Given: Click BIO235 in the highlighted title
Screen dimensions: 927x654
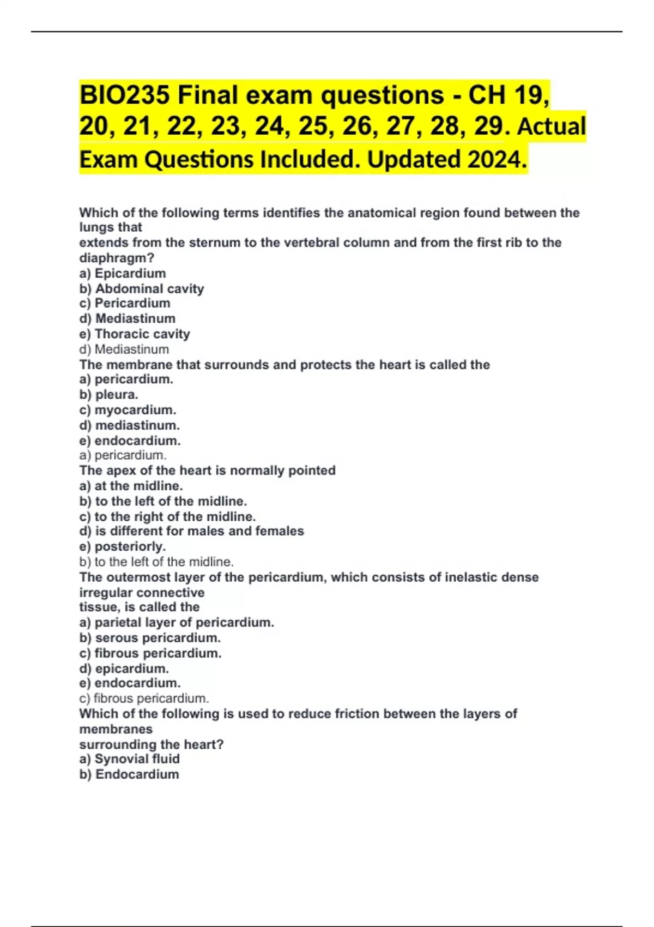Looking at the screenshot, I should tap(125, 95).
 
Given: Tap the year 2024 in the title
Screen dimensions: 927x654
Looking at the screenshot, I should tap(496, 160).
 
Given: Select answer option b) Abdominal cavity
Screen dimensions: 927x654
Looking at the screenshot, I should tap(142, 288).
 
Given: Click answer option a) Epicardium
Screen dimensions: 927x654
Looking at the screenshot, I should tap(123, 273).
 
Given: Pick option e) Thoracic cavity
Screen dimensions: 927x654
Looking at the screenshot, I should tap(135, 334).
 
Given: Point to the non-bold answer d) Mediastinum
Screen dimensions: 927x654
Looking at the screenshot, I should tap(124, 349).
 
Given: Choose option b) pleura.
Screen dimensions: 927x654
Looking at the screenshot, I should tap(108, 394).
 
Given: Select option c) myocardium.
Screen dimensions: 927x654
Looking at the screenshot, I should tap(128, 410).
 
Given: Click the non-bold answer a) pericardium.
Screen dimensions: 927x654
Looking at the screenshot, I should tap(123, 455).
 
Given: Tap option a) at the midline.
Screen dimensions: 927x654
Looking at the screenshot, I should tap(131, 485).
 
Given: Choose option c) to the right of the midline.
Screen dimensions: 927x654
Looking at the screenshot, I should tap(167, 516).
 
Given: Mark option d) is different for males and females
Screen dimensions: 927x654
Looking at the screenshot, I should tap(191, 531).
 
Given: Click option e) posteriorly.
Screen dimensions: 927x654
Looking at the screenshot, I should tap(122, 546).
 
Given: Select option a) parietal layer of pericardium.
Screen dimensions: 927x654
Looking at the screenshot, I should tap(177, 622).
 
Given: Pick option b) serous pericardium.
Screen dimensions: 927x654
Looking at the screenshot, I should tap(150, 637).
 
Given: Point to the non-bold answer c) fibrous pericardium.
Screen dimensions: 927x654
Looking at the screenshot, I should tap(144, 698).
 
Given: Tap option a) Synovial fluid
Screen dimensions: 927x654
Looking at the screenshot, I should tap(129, 759).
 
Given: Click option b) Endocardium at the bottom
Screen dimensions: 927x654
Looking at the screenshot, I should tap(129, 774).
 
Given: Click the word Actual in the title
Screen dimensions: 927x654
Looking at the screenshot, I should tap(551, 127).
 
